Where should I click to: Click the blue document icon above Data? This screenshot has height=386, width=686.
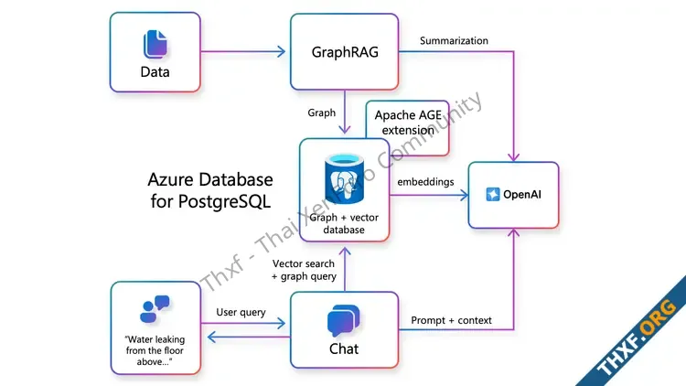[x=154, y=45]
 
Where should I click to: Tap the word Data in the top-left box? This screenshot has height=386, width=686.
[x=155, y=71]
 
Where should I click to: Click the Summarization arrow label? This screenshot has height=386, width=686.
[x=454, y=41]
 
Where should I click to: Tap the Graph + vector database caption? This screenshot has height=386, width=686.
[x=344, y=222]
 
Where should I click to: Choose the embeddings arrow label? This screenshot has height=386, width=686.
[x=425, y=182]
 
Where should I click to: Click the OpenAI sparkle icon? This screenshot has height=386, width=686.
[x=493, y=195]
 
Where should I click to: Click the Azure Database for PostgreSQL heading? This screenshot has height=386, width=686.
[x=210, y=189]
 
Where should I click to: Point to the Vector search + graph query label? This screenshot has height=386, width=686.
[x=305, y=270]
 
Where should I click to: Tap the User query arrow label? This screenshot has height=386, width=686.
[x=241, y=313]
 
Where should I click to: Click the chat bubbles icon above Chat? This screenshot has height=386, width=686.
[x=344, y=321]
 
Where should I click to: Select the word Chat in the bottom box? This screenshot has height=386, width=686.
[x=344, y=348]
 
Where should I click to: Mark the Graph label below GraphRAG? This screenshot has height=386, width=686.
[x=320, y=113]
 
